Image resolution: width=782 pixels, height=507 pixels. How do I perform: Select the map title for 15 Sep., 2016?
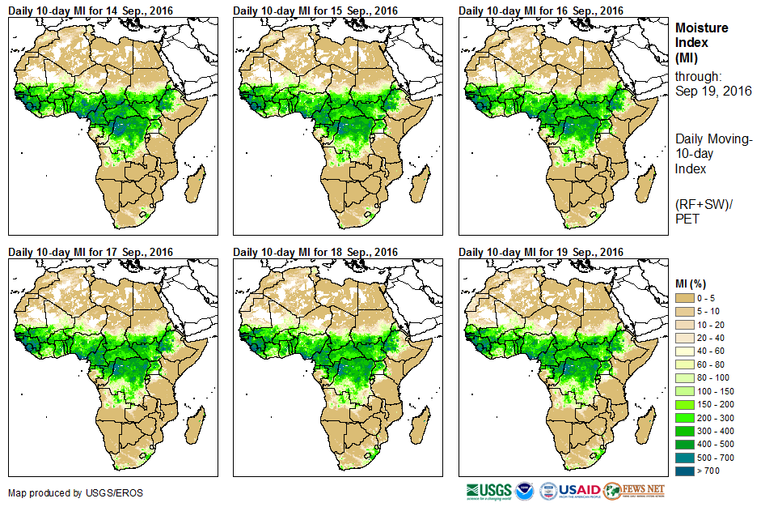(x=316, y=11)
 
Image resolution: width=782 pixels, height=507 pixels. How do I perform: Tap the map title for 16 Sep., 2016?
(x=541, y=11)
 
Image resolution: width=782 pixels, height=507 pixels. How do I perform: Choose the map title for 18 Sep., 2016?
(x=316, y=252)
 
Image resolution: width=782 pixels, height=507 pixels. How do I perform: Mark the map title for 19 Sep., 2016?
(x=541, y=252)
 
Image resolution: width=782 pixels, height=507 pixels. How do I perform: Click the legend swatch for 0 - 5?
(x=684, y=299)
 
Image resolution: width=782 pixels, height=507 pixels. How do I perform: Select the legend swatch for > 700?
(x=684, y=470)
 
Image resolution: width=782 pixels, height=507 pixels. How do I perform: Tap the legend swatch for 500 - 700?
(x=684, y=457)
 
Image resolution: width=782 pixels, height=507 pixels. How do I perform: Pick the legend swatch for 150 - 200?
(x=684, y=404)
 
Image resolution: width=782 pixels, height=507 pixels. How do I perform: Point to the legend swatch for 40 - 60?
(x=684, y=351)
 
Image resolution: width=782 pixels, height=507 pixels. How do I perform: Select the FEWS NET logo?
(x=634, y=491)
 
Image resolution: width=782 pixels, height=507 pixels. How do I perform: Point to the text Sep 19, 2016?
(x=713, y=91)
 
